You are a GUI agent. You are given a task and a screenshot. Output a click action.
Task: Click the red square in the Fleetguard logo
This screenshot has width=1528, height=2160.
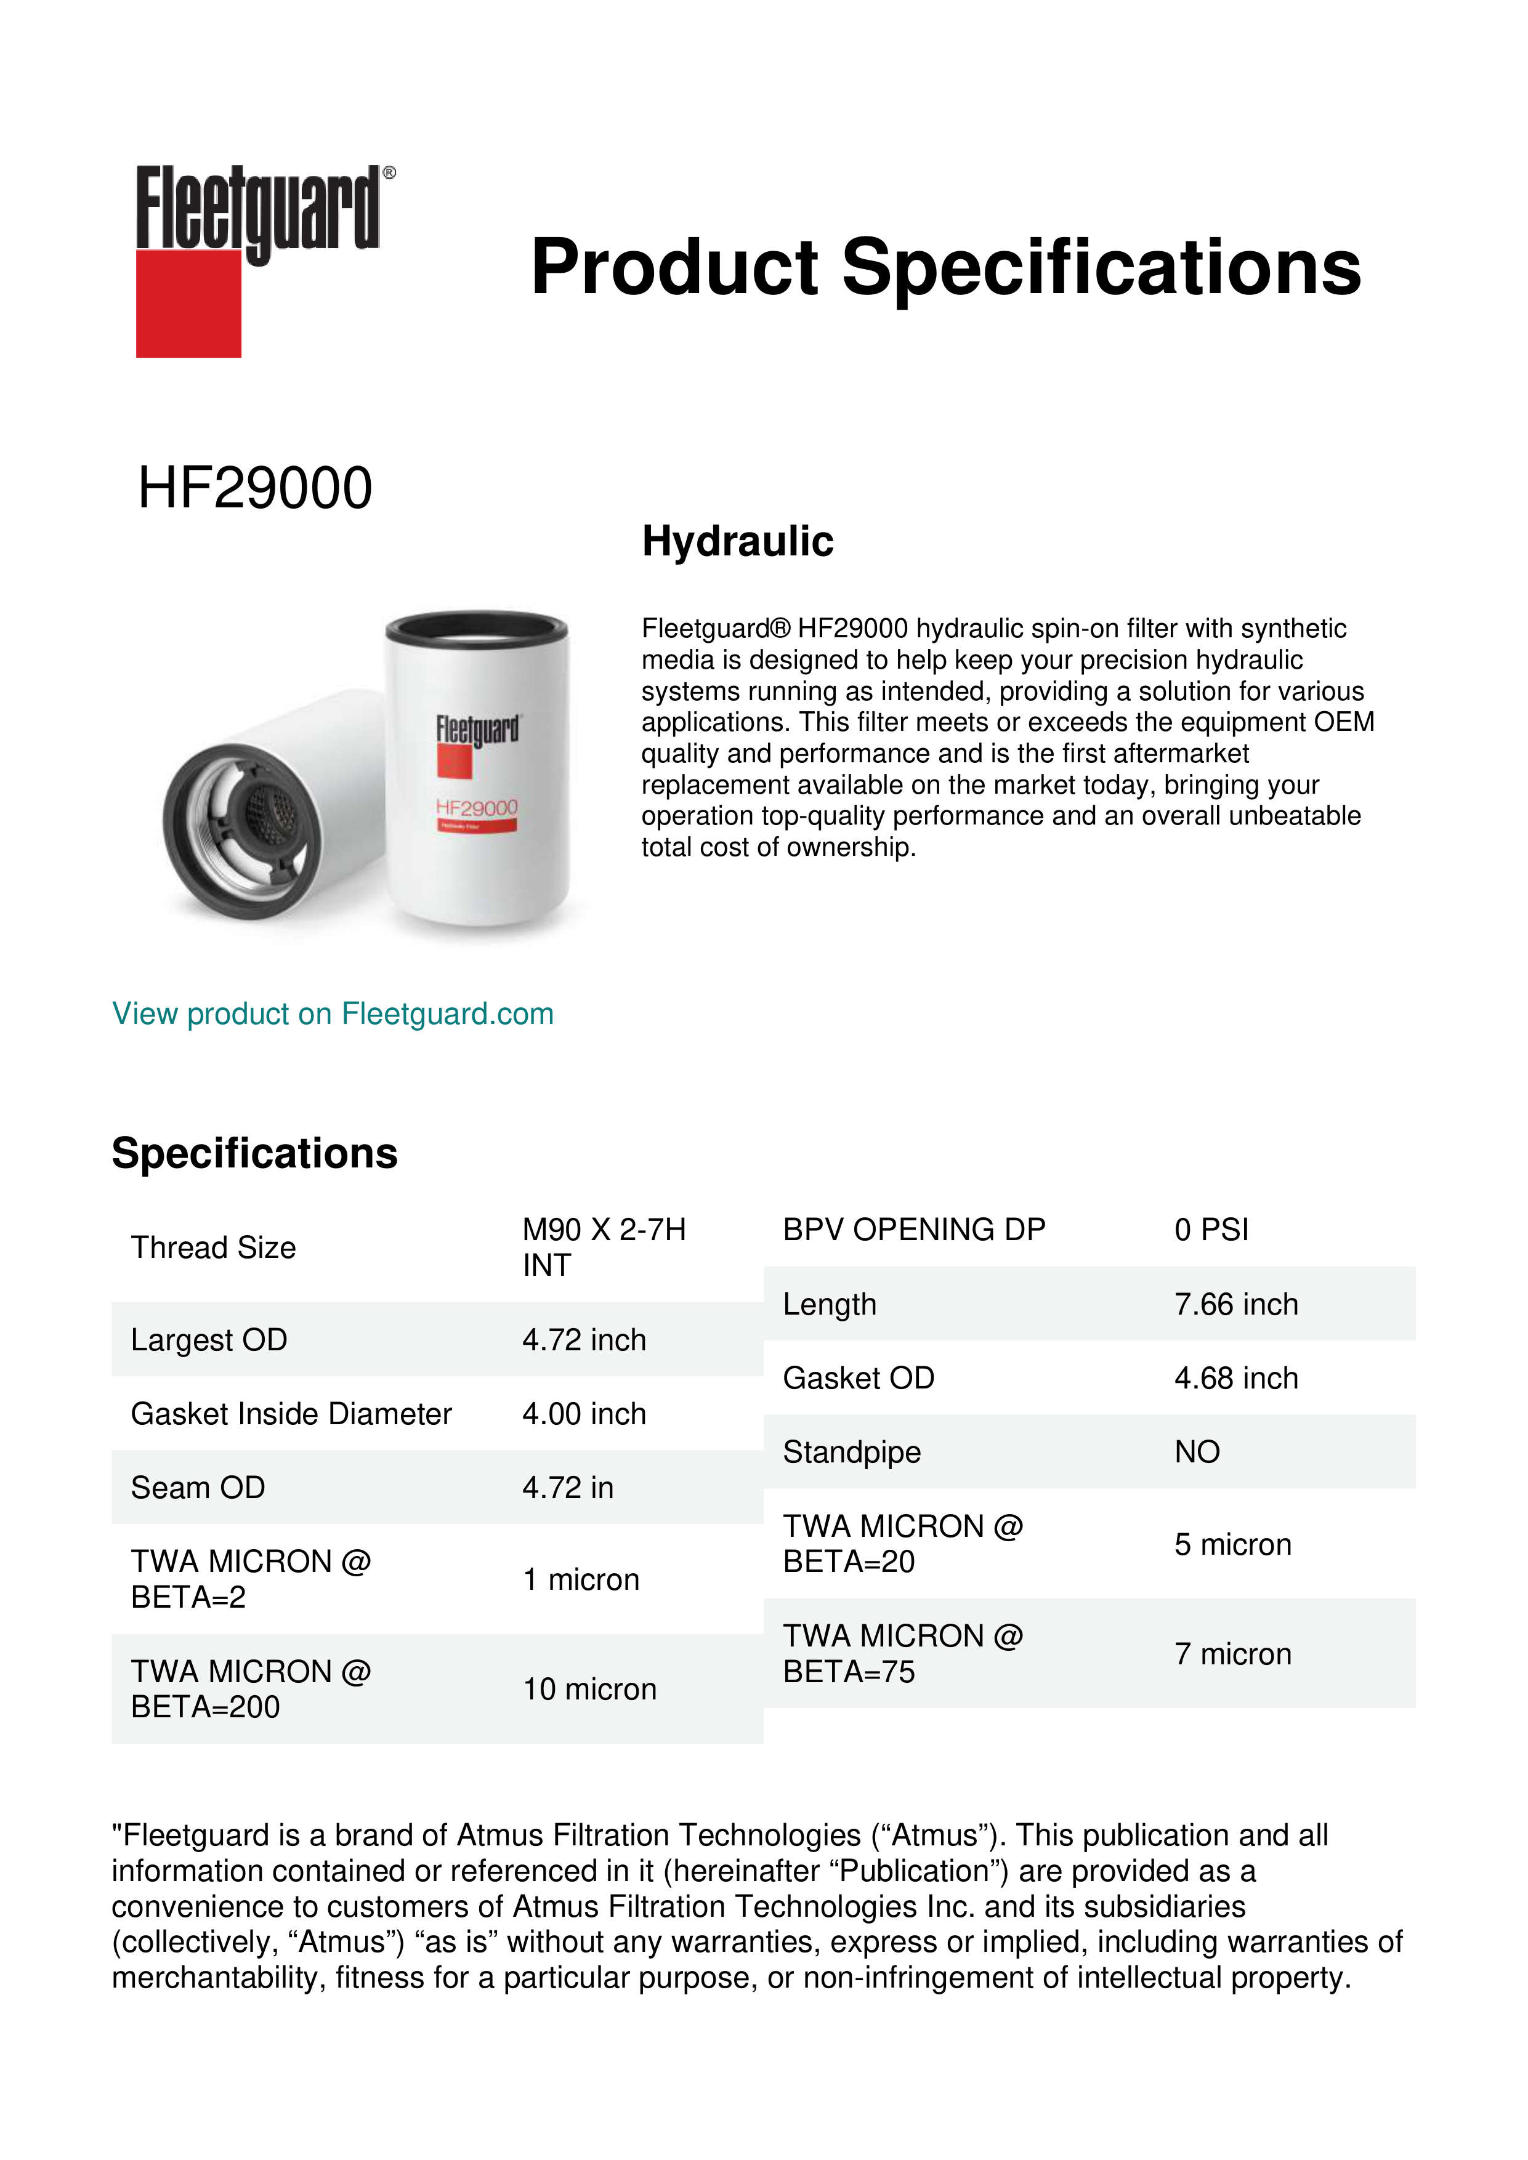[x=188, y=303]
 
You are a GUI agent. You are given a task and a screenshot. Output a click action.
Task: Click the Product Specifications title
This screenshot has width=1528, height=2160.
[x=945, y=267]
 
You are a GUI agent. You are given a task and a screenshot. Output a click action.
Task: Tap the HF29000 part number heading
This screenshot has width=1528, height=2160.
[x=255, y=488]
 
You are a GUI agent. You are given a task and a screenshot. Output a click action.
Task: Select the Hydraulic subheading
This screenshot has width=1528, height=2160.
[x=738, y=541]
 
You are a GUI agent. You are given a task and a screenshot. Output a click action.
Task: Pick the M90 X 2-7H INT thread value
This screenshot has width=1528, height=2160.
[x=604, y=1246]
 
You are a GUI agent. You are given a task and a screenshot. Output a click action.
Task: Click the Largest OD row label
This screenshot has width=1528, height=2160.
[x=209, y=1340]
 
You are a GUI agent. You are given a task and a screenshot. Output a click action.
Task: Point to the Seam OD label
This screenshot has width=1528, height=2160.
[x=198, y=1488]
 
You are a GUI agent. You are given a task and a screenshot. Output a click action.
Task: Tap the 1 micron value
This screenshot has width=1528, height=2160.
[x=581, y=1579]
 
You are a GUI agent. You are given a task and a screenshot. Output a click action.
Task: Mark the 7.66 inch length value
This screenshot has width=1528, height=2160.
[x=1235, y=1304]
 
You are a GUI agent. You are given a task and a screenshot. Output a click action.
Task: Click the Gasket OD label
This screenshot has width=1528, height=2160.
[x=858, y=1377]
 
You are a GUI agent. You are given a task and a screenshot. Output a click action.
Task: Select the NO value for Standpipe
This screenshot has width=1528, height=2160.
[x=1197, y=1452]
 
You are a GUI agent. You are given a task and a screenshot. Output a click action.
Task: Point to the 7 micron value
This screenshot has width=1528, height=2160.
[x=1232, y=1654]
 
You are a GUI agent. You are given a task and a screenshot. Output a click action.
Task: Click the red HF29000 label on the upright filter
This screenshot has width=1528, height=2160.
[x=476, y=808]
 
